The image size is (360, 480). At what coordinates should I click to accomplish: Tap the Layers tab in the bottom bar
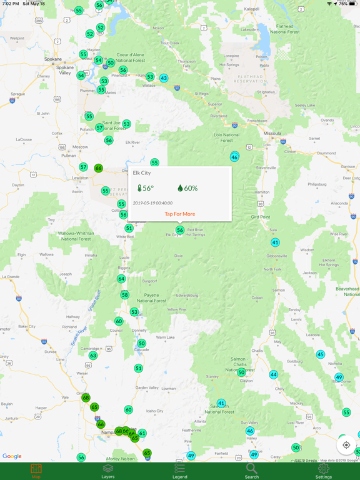108,471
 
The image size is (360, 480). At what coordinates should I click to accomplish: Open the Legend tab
180,471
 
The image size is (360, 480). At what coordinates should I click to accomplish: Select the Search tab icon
251,471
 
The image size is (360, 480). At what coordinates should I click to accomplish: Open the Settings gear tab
323,471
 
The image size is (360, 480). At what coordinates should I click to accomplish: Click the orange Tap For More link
180,214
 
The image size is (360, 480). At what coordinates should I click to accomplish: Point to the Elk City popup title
142,173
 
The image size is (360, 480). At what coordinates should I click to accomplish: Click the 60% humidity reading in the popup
187,188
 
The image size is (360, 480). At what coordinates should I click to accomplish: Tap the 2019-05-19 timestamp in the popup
152,203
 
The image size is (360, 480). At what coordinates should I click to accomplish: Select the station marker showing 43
164,78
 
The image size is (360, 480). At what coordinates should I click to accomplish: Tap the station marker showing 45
321,354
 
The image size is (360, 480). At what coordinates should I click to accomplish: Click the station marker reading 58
125,295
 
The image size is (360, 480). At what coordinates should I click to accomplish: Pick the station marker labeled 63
93,356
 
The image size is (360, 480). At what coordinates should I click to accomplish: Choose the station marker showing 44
274,374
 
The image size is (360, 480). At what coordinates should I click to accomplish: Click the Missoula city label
272,133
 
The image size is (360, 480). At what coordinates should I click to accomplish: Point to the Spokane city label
53,59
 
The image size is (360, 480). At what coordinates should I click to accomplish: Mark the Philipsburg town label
317,184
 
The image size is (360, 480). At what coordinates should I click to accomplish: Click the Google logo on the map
12,456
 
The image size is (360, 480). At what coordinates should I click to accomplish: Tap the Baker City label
27,326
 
